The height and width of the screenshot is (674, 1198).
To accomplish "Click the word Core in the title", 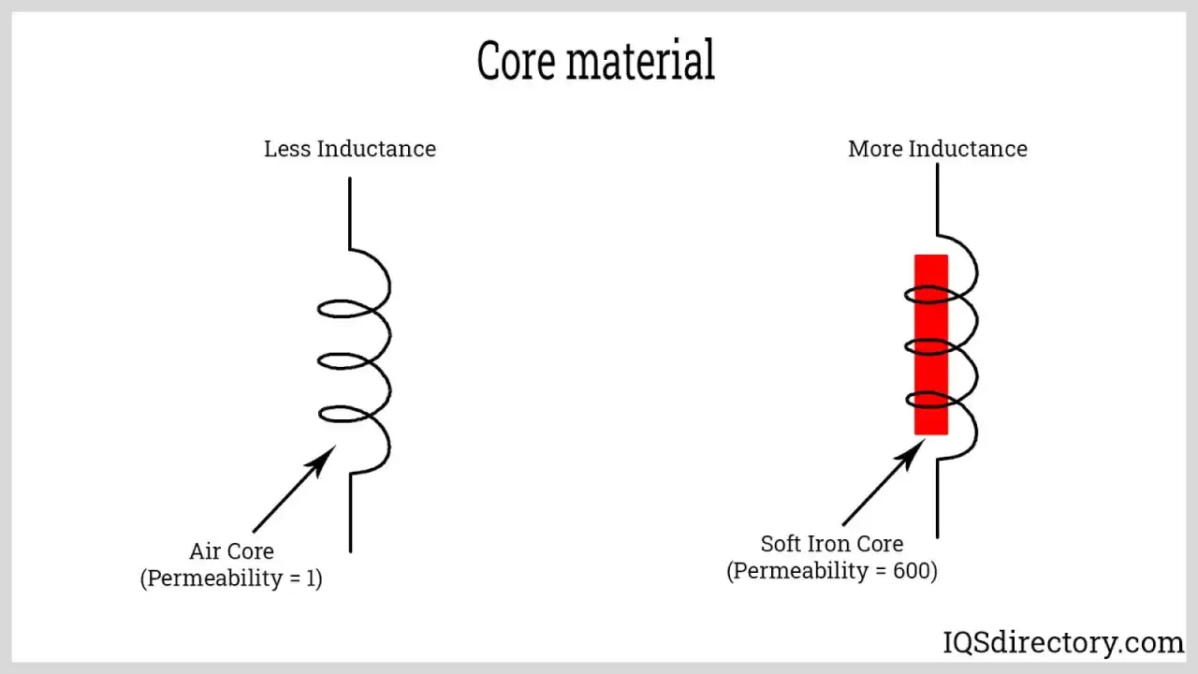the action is (516, 61).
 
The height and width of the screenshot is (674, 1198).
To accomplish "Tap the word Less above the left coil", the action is (287, 149).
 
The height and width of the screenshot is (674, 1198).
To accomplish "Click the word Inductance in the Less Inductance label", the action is (376, 149).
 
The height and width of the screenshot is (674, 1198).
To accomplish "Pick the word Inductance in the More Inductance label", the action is (968, 149).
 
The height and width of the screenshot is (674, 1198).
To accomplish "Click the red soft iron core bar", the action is (931, 344).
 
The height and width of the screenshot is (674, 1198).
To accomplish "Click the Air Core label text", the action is (231, 551).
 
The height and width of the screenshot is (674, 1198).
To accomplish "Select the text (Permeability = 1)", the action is (231, 579).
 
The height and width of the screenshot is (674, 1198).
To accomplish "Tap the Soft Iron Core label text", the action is (832, 544).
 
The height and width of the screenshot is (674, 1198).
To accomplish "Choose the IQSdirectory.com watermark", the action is (1063, 642).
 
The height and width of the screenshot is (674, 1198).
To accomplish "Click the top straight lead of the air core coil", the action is (350, 213).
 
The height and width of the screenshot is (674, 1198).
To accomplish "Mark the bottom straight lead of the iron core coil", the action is (938, 499).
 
